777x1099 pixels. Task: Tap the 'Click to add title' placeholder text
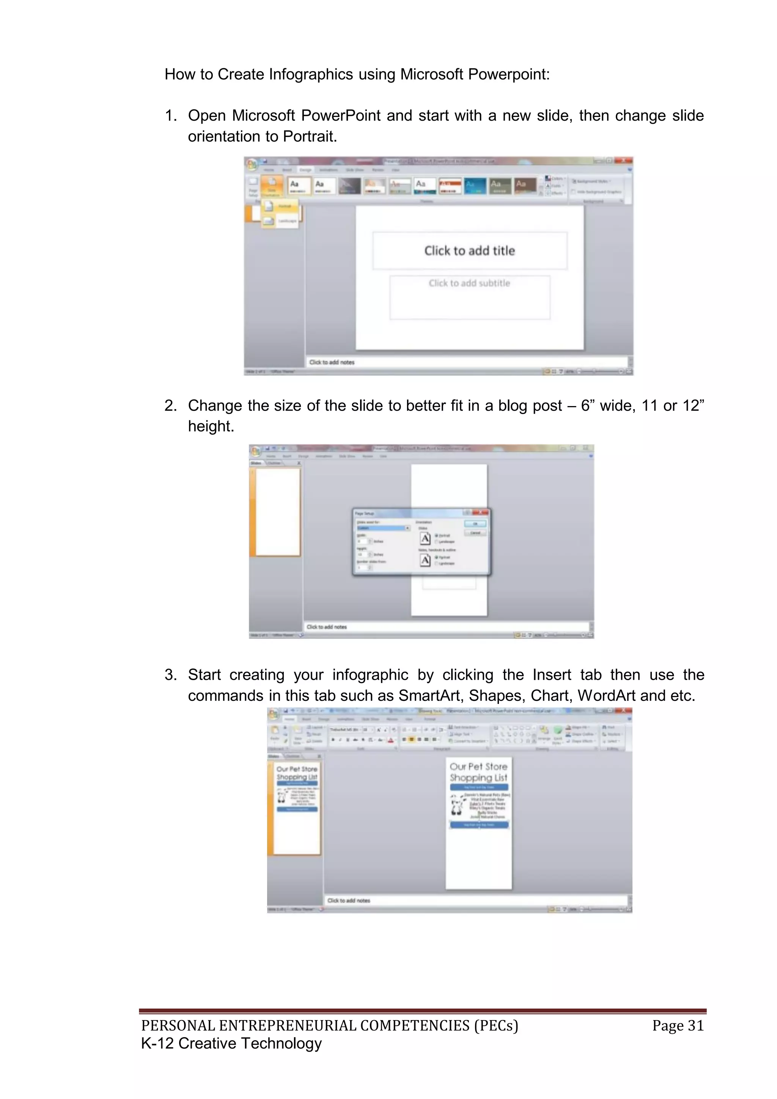469,251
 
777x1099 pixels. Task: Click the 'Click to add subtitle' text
469,283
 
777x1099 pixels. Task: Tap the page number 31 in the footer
695,1025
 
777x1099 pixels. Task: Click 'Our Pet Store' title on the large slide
478,766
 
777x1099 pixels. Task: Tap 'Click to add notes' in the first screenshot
332,362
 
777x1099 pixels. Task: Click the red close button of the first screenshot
623,161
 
